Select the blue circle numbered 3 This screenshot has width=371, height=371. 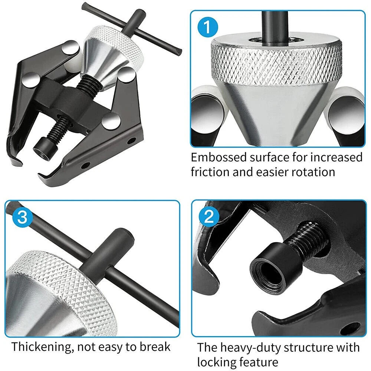22,217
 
